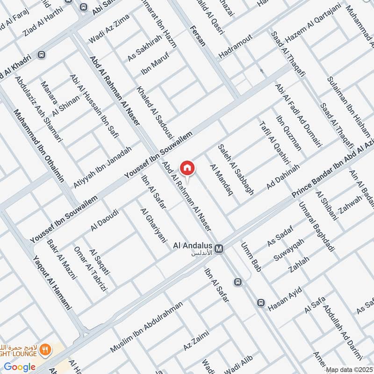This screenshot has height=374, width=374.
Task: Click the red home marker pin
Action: [187, 168]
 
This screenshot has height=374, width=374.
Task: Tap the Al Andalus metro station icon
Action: [219, 248]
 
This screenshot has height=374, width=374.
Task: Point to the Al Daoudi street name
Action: [105, 220]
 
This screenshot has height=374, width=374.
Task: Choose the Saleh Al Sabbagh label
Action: [236, 169]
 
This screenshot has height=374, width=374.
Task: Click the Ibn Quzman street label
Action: [289, 133]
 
